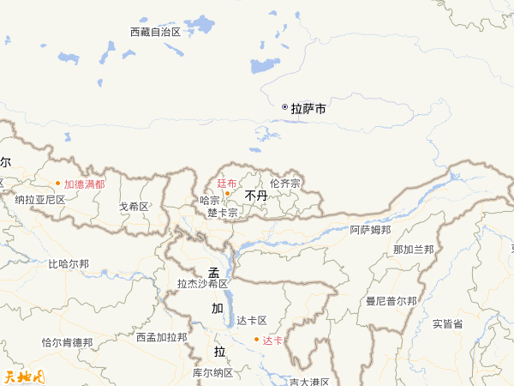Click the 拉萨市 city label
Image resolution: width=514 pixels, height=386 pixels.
tap(308, 109)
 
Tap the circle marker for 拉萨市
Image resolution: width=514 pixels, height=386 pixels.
tap(284, 107)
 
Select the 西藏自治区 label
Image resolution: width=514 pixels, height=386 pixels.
tap(155, 32)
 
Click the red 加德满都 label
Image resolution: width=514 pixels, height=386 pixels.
tap(84, 184)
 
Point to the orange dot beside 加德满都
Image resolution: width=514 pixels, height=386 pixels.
tap(58, 184)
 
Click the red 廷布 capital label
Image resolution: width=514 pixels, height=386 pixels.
tap(226, 183)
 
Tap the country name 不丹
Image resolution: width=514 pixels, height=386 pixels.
tap(256, 196)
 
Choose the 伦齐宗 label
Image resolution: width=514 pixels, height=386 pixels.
tap(284, 183)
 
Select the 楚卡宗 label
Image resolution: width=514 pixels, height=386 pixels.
tap(222, 211)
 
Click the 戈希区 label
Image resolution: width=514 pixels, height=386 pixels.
tap(134, 207)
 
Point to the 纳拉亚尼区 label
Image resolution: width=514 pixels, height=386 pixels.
tap(40, 199)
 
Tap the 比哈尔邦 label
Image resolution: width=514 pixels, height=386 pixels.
tap(69, 264)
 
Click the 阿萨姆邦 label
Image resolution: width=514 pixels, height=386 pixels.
tap(370, 230)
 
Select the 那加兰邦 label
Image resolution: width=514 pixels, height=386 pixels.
tap(413, 250)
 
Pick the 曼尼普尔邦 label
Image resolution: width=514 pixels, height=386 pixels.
tap(391, 301)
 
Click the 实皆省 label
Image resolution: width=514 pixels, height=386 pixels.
tap(447, 323)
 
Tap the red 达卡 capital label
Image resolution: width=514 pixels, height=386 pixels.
tap(272, 341)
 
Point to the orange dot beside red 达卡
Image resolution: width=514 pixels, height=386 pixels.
tap(255, 341)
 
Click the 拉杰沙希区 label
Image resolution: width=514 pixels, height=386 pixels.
tap(202, 283)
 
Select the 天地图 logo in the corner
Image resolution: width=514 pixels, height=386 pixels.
tap(24, 376)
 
